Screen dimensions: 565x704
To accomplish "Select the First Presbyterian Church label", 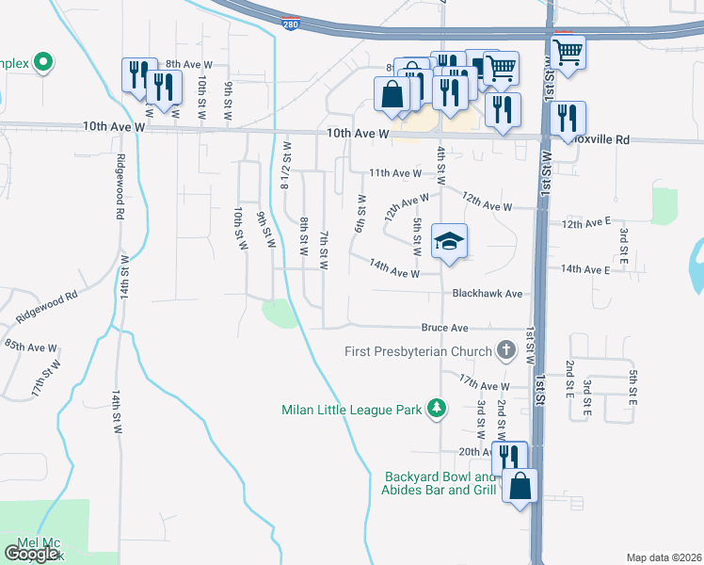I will (419, 352).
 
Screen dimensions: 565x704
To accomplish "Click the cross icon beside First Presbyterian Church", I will (506, 352).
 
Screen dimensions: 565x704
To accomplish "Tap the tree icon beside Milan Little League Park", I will (436, 408).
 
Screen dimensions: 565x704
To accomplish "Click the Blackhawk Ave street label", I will (487, 294).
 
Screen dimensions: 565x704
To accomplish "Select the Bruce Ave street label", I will (444, 329).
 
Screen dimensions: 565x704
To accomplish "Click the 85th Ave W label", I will (30, 347).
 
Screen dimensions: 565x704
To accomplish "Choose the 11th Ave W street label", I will (395, 173).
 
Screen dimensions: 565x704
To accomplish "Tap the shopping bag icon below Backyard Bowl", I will (520, 487).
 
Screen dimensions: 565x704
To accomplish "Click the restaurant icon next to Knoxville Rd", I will (568, 118).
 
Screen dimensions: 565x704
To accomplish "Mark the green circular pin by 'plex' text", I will (42, 63).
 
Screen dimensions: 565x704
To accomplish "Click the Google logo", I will (31, 553).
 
